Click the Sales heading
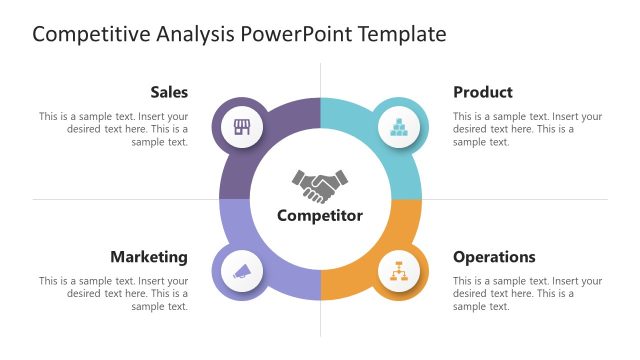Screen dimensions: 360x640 169,92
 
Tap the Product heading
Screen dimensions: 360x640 482,92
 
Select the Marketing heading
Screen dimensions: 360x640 149,257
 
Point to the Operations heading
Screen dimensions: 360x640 494,257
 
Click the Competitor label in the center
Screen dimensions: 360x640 320,215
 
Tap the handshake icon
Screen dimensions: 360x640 320,185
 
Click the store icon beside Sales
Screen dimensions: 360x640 242,127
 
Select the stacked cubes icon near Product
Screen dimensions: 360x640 398,127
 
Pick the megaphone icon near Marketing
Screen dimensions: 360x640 242,270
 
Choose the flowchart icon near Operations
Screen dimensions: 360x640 398,270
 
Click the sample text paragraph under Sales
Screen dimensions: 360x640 114,129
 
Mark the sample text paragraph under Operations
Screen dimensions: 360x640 527,294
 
